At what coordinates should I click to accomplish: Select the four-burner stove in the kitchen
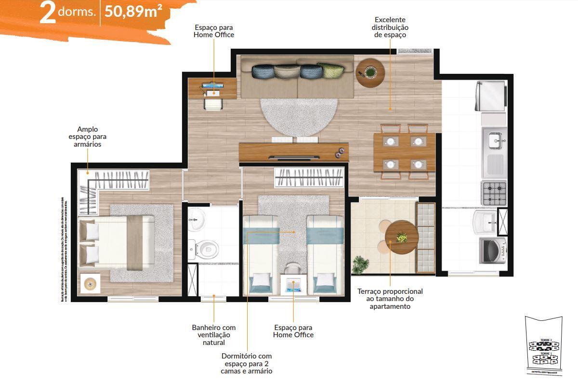(494, 192)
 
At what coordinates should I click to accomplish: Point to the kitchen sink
(495, 141)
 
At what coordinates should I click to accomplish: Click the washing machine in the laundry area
(494, 250)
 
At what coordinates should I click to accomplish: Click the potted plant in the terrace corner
(360, 264)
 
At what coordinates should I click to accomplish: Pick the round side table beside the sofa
(370, 73)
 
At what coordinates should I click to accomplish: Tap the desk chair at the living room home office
(212, 104)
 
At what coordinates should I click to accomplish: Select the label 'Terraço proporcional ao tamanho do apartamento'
(390, 299)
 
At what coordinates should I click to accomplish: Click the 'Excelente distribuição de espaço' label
(391, 27)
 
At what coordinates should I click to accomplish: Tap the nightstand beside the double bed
(89, 284)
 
